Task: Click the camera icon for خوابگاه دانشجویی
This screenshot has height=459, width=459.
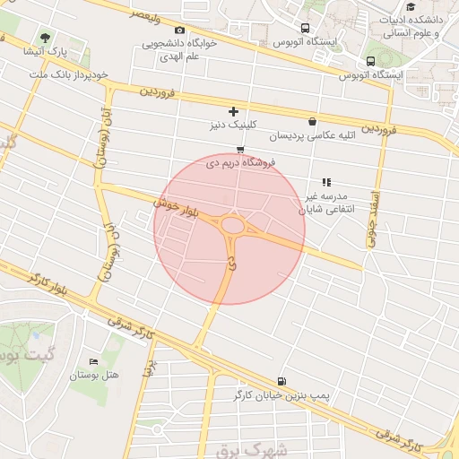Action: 179,30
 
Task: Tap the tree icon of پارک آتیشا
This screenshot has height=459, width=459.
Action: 45,38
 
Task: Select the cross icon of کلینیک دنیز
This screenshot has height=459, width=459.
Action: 233,112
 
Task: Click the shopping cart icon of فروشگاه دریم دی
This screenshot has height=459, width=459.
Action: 239,149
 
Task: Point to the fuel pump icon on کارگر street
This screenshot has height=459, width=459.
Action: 283,380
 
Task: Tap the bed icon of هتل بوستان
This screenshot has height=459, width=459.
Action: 93,360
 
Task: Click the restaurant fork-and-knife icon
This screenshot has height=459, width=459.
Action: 326,182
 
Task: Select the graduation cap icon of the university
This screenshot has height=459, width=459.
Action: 411,7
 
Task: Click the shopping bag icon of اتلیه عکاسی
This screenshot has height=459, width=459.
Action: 311,122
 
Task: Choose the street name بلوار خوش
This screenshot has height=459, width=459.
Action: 176,208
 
